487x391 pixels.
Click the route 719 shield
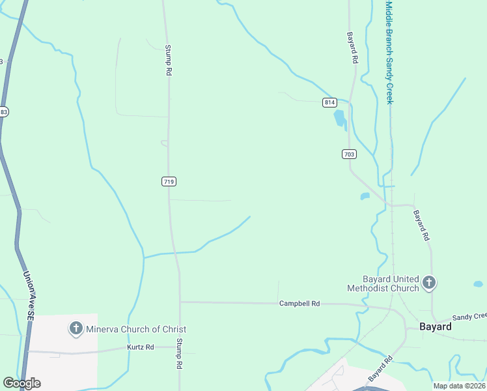pos(169,182)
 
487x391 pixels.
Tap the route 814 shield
pos(329,102)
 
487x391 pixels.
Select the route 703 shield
pos(348,154)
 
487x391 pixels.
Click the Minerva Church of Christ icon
pos(76,328)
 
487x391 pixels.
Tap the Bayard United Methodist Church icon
pos(428,282)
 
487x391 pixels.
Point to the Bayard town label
pos(435,326)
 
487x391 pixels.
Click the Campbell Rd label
pos(299,304)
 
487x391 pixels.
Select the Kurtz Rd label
pos(141,347)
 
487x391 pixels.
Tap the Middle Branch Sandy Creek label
pos(389,52)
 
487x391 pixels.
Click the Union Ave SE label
pos(30,295)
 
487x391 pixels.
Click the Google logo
pos(21,383)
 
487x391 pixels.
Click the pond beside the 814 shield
pos(339,119)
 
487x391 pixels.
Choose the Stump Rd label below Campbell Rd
pos(179,354)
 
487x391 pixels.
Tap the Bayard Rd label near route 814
pos(352,48)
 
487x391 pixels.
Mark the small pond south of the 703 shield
pos(365,195)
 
